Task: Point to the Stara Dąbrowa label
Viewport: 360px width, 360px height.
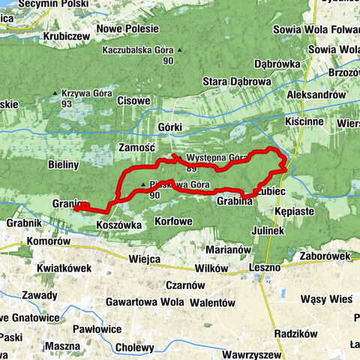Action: click(236, 81)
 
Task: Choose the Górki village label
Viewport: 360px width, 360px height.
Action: click(171, 127)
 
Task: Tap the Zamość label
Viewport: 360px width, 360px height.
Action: click(136, 150)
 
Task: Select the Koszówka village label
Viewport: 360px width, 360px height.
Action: click(119, 223)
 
